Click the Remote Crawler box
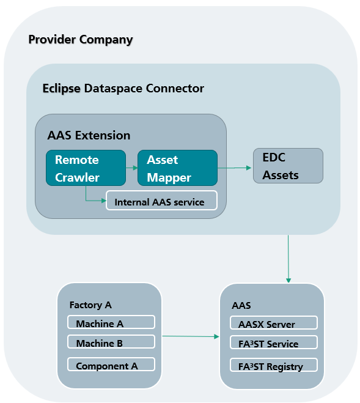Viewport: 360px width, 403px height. pos(86,168)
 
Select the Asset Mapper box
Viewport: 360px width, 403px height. pos(178,168)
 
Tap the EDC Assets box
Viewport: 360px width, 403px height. pos(288,166)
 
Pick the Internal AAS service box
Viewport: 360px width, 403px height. pos(161,201)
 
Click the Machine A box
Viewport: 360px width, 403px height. pos(111,322)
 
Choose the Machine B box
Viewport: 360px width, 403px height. pos(111,342)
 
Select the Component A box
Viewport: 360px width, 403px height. pos(111,364)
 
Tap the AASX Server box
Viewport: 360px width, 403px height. pos(274,322)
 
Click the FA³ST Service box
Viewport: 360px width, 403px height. pos(274,342)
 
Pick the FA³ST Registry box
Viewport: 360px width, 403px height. pos(274,364)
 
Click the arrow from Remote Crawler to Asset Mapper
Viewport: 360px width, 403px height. pos(132,168)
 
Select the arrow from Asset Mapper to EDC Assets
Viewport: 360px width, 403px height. pos(234,168)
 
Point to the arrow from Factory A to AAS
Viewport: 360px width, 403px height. pos(191,336)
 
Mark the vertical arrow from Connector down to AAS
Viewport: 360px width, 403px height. pos(288,259)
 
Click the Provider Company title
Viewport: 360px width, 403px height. pos(81,40)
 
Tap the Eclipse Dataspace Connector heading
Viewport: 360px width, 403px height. pos(123,89)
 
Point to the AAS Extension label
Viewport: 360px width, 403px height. pos(89,135)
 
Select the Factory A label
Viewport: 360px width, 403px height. pos(90,305)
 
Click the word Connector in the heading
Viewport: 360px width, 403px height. pos(175,89)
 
